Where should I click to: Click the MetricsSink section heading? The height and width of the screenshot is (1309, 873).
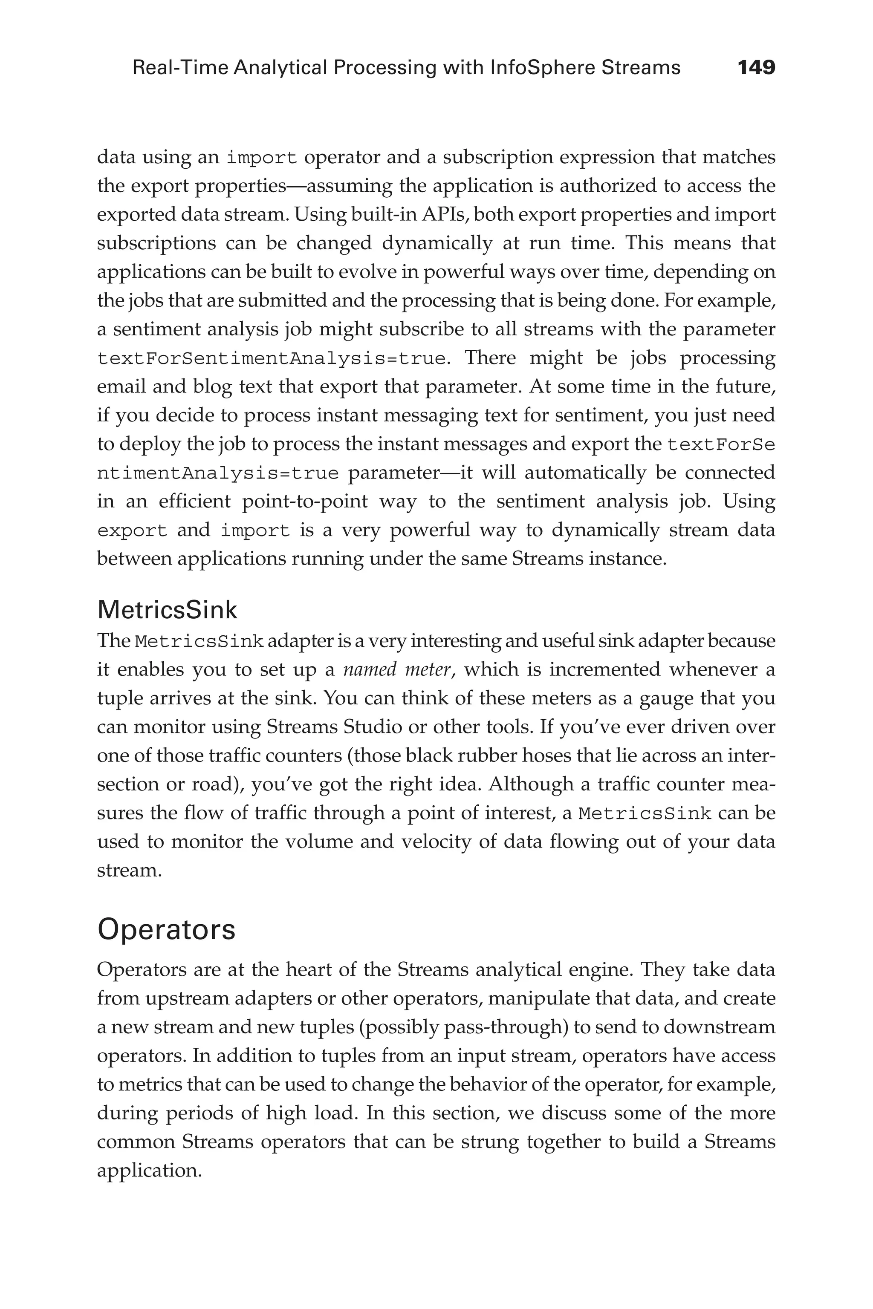point(167,610)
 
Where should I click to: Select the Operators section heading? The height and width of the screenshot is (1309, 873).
point(166,930)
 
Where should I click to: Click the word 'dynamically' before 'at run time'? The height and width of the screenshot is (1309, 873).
point(437,243)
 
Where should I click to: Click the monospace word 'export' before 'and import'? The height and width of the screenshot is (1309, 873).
point(132,531)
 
